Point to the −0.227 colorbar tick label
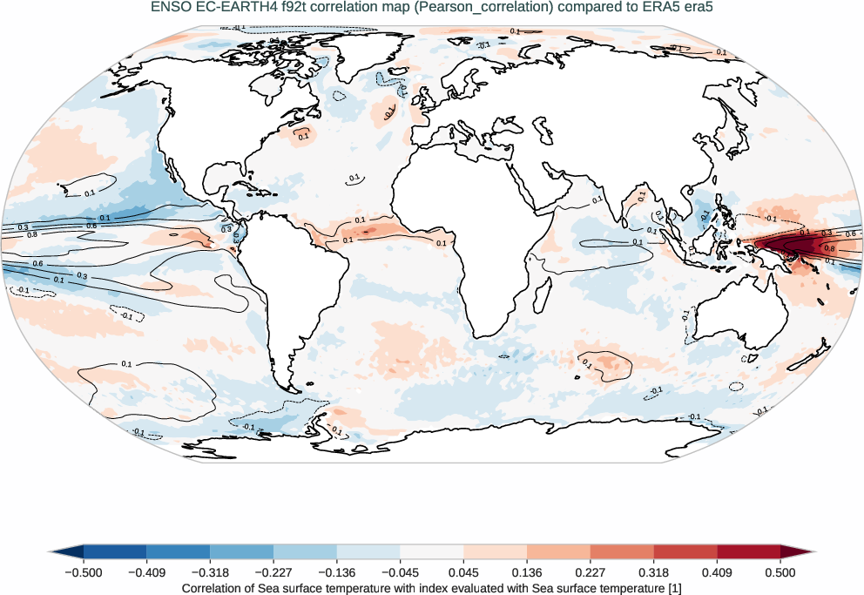(273, 572)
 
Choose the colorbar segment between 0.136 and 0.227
(558, 551)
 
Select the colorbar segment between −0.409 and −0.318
(179, 551)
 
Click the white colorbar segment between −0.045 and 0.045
(432, 551)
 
